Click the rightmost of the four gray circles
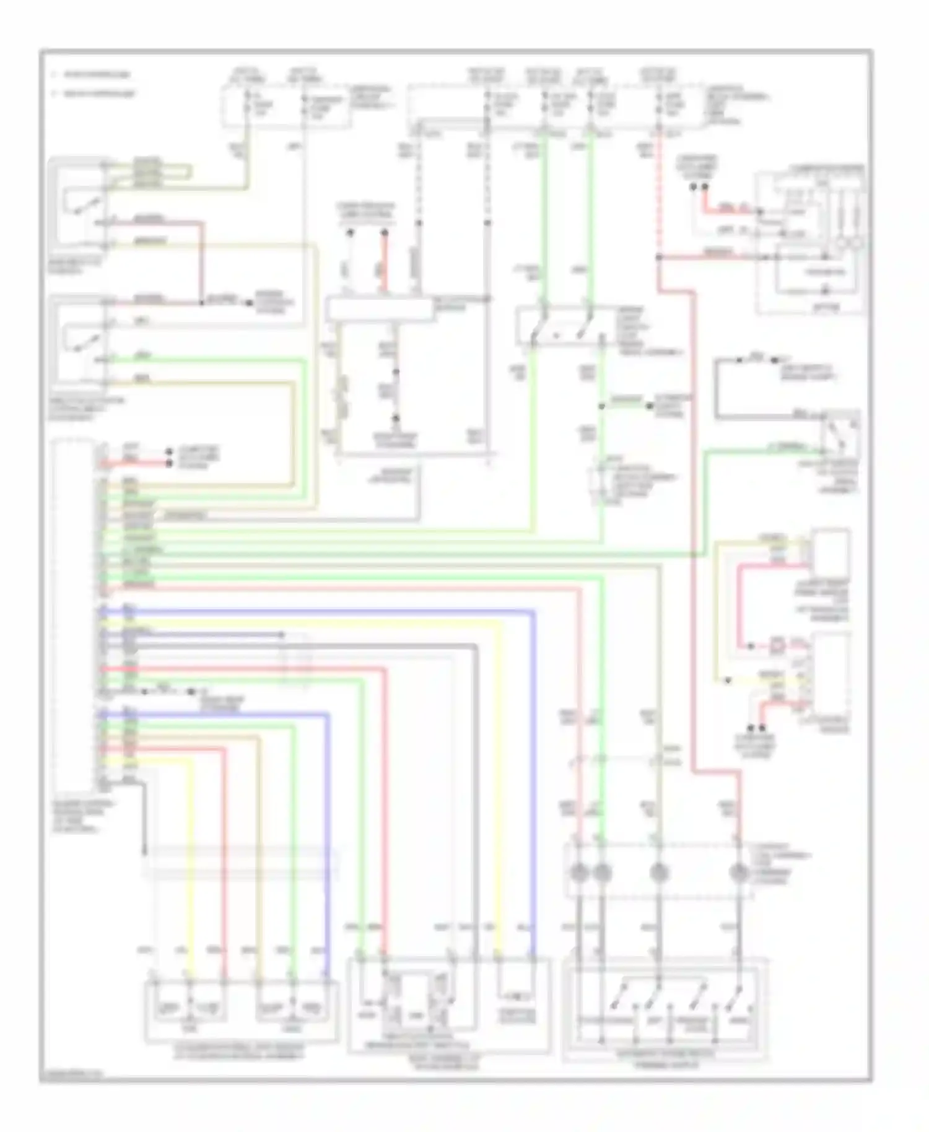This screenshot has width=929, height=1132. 738,873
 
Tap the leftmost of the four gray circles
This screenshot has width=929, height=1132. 579,873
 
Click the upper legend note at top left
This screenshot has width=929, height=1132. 93,75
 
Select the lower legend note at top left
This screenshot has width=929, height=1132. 93,94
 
